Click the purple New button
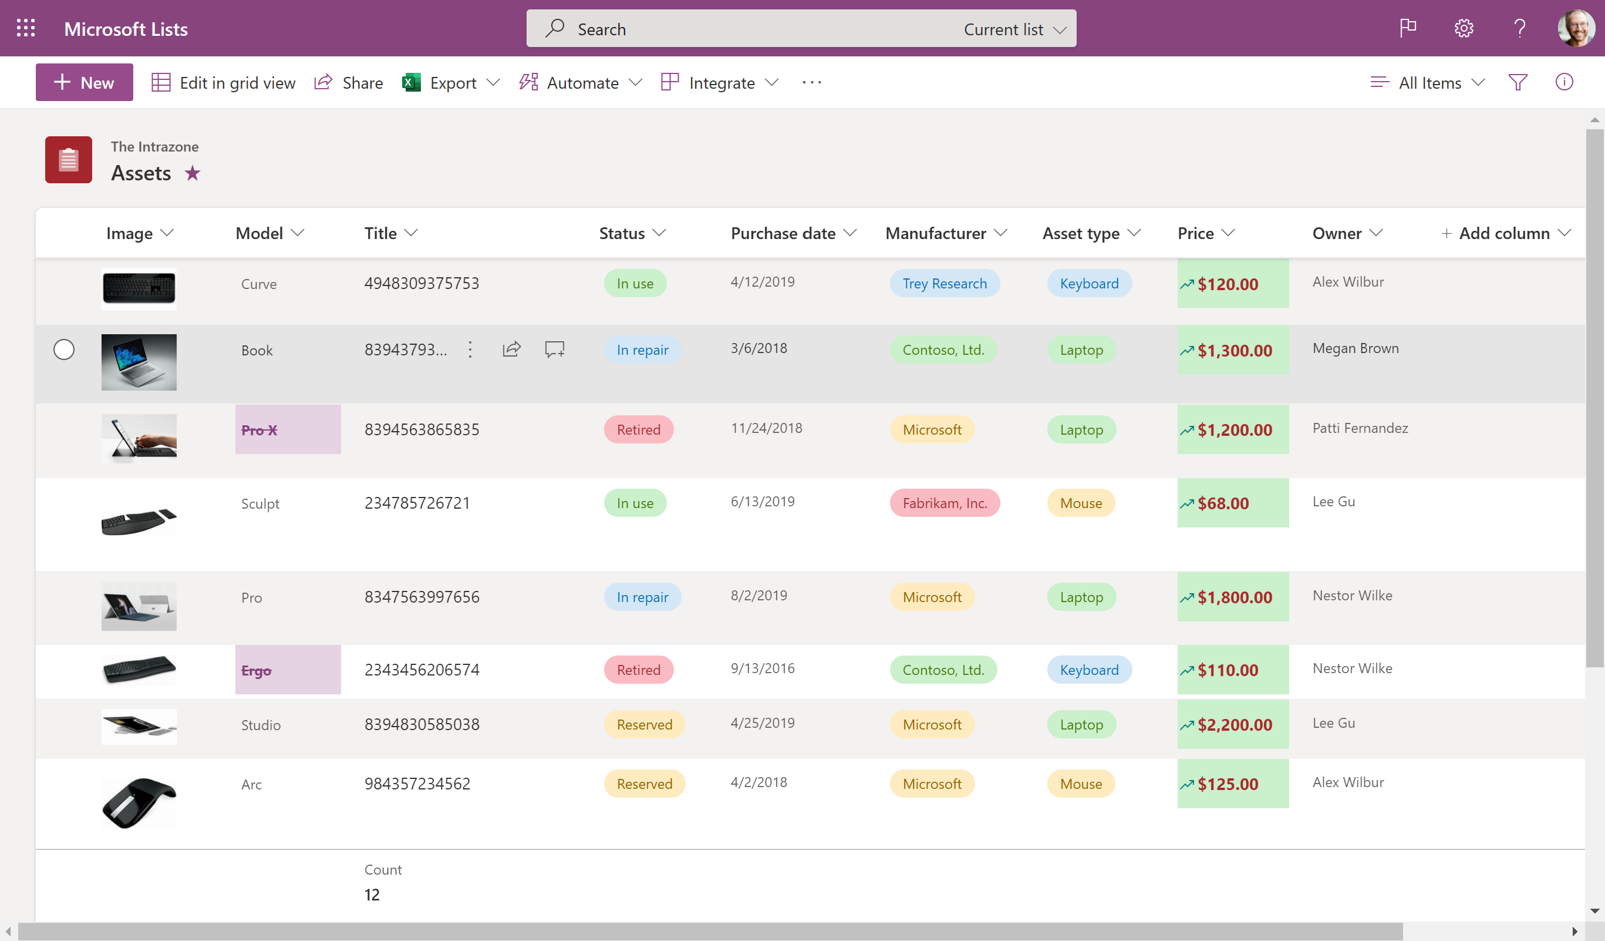[x=84, y=82]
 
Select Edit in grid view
[x=224, y=83]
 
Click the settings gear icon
[x=1463, y=29]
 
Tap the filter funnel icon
[x=1517, y=82]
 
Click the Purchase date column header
[x=783, y=233]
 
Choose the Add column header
[x=1503, y=233]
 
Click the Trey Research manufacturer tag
[x=944, y=284]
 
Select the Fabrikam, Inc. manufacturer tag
[x=944, y=503]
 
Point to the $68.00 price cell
[x=1222, y=503]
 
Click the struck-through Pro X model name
[x=259, y=430]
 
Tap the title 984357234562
[x=417, y=784]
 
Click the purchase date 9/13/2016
[x=763, y=668]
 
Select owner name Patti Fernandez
[x=1360, y=428]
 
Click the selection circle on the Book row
[x=63, y=349]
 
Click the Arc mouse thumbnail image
[x=139, y=802]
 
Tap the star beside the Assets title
[x=193, y=173]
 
